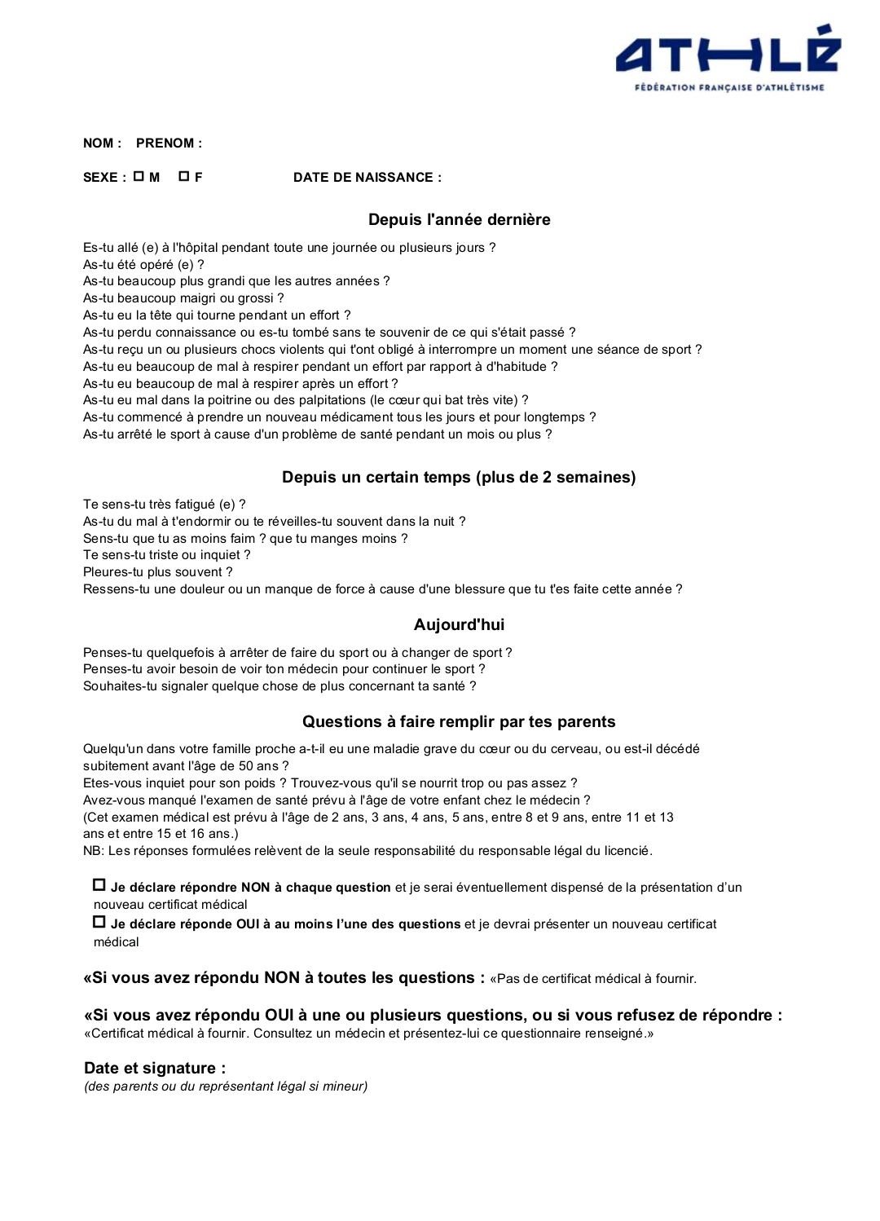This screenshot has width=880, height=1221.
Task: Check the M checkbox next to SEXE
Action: coord(139,176)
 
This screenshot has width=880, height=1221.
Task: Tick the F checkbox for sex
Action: coord(183,176)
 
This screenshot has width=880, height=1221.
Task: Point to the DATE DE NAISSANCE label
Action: coord(367,178)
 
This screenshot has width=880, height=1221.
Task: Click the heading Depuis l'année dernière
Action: coord(459,219)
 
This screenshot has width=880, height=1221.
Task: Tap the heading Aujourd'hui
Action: coord(459,624)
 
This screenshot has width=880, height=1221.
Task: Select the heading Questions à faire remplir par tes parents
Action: coord(459,721)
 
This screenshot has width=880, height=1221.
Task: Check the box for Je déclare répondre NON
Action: coord(99,885)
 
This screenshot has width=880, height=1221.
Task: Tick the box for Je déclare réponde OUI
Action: coord(99,922)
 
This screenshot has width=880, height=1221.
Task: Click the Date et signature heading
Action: coord(155,1068)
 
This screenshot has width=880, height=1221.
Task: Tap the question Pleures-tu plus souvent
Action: coord(157,572)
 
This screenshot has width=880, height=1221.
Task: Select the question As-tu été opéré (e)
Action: coord(143,265)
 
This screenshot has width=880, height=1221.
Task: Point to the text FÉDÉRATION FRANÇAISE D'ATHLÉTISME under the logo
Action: coord(729,87)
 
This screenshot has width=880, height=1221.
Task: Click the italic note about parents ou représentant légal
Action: coord(226,1087)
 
